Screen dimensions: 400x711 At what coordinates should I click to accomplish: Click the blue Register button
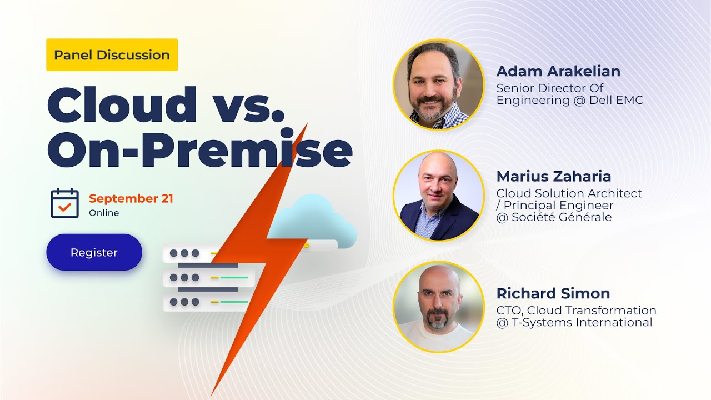(x=94, y=252)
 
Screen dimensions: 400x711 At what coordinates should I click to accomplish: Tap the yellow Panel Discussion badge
(x=112, y=55)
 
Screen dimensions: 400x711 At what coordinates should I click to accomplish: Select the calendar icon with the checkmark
(x=64, y=203)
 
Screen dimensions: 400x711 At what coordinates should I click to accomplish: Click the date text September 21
(x=131, y=199)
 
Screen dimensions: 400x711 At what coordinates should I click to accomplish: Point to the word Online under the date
(x=104, y=213)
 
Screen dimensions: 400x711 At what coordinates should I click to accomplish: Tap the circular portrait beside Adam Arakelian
(x=438, y=84)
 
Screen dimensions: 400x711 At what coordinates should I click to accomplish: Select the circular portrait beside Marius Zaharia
(x=438, y=196)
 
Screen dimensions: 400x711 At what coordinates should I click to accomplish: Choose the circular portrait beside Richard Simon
(x=438, y=307)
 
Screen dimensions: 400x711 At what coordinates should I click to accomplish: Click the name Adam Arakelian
(x=558, y=72)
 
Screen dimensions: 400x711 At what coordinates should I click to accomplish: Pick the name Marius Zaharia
(x=554, y=177)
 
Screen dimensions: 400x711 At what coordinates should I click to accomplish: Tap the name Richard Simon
(x=553, y=293)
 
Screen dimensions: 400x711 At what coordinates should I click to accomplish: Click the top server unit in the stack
(x=189, y=253)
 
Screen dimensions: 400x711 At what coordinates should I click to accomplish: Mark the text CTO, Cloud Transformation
(x=576, y=311)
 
